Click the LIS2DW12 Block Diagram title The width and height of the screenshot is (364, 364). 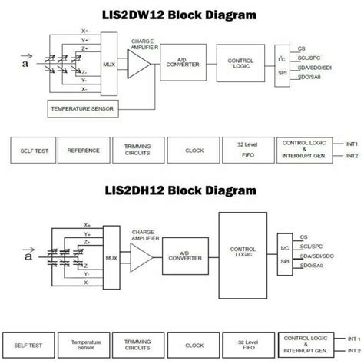point(181,15)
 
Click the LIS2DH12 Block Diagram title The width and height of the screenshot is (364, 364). point(181,190)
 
